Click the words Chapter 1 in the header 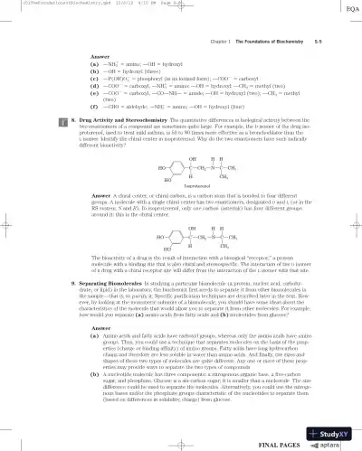coord(219,42)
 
